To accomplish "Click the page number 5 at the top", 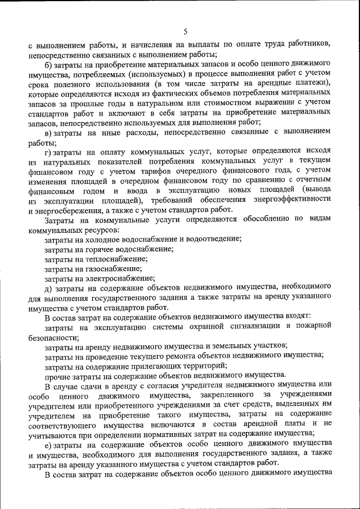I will pos(185,31).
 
